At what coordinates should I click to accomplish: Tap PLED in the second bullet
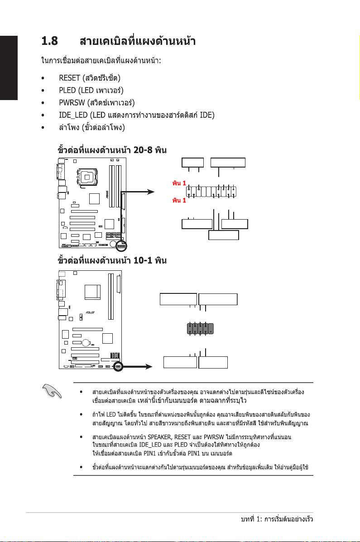coord(67,90)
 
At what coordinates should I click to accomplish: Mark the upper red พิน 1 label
coord(179,183)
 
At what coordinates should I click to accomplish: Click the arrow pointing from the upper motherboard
coord(140,192)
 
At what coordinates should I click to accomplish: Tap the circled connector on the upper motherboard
coord(121,245)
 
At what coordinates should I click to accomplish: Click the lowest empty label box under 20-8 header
coord(223,235)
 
